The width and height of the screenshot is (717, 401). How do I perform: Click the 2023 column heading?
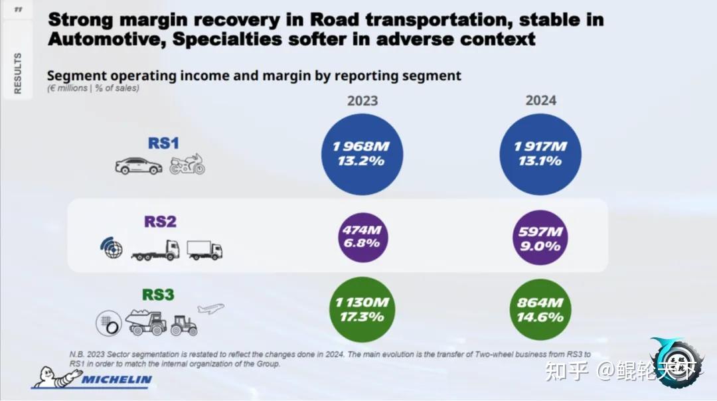[362, 101]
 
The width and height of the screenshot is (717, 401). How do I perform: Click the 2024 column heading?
[540, 100]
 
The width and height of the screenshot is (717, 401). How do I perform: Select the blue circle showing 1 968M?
[362, 154]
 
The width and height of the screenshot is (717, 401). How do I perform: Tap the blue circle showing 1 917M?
[540, 154]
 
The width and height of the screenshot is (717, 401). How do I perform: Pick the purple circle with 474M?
[362, 237]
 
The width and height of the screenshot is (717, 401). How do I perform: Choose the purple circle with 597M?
[540, 238]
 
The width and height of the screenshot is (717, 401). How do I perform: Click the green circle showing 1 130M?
[362, 309]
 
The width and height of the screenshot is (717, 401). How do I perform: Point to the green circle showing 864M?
[540, 309]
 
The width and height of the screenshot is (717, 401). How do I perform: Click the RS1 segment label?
[163, 143]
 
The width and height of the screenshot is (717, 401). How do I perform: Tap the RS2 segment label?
[161, 221]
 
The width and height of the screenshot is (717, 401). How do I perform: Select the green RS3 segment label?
[158, 294]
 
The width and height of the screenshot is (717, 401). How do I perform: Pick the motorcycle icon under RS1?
[187, 165]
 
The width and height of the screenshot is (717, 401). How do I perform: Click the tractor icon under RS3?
[183, 325]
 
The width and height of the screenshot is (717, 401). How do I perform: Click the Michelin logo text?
[117, 380]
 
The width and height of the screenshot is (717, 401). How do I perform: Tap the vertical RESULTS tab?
[18, 72]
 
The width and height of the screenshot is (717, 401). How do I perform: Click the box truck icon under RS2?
[204, 250]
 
